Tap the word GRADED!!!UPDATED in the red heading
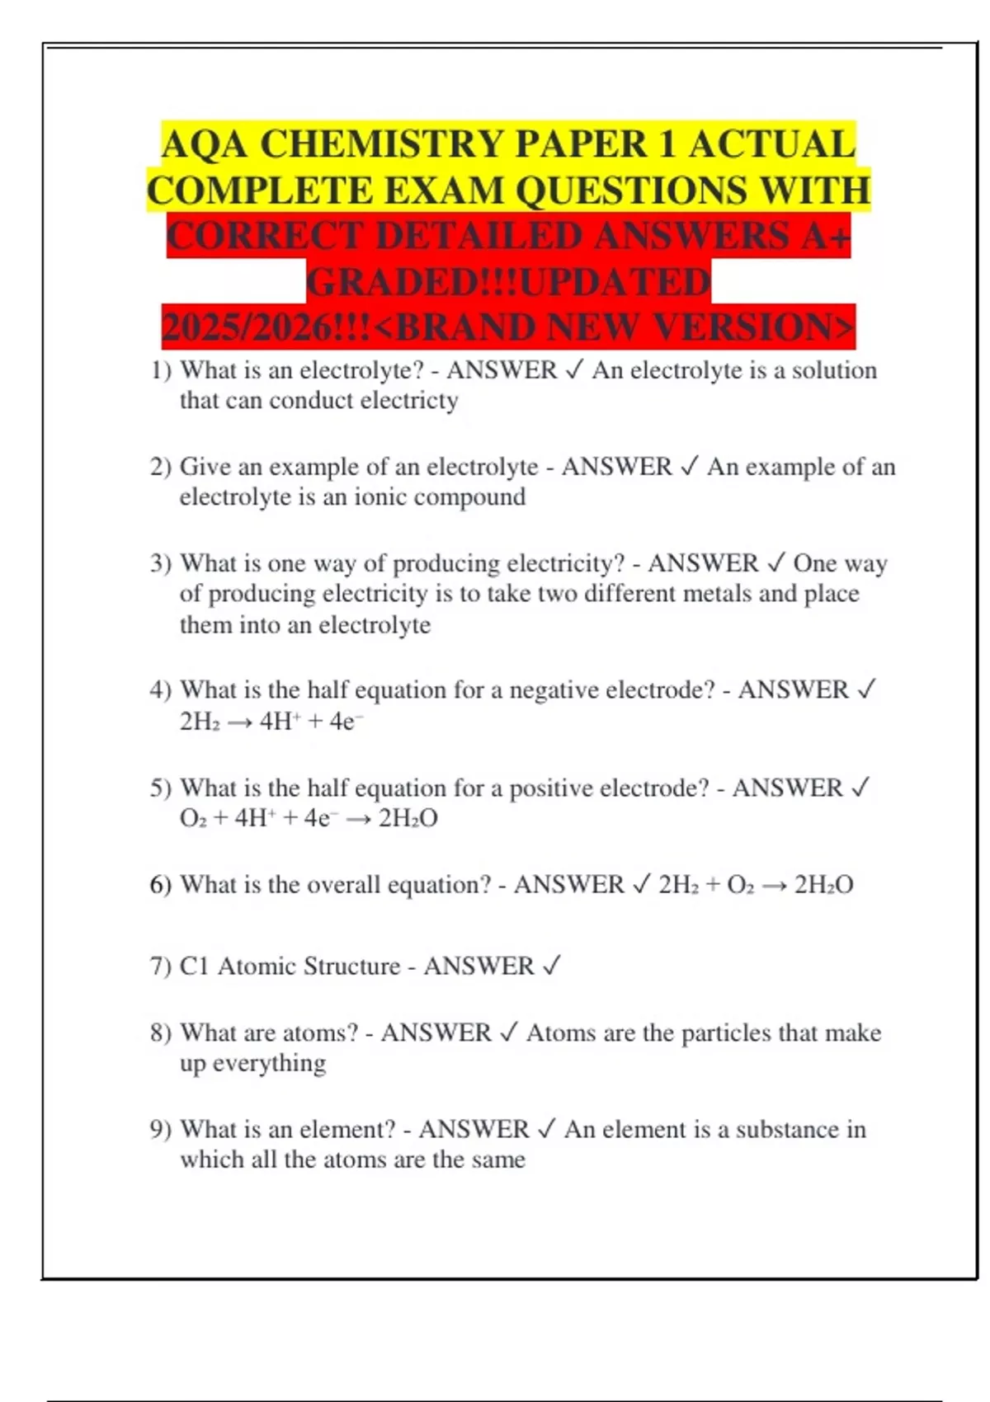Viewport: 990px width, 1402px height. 508,283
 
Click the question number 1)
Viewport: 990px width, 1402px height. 161,370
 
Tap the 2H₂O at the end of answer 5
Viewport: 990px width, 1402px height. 408,819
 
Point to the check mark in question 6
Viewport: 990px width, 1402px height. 642,885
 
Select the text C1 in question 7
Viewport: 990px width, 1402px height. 194,967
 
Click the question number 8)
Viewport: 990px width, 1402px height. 161,1033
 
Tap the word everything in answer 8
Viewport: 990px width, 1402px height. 269,1064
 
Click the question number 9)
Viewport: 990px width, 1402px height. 161,1130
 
